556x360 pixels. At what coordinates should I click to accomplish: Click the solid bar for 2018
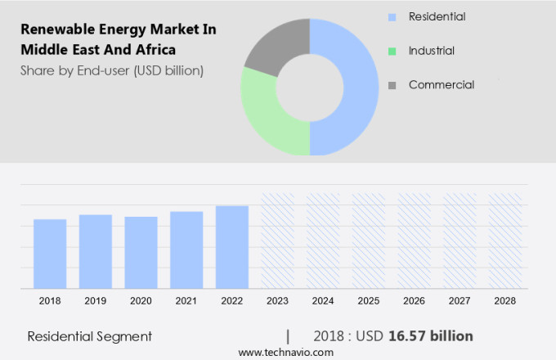(50, 254)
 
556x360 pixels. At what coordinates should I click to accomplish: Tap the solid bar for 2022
(232, 247)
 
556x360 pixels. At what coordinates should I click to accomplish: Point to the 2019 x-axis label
(95, 301)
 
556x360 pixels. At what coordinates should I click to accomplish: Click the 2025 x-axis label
(369, 301)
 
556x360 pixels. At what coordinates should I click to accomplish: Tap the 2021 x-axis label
(186, 301)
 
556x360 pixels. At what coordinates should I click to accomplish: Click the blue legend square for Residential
(392, 17)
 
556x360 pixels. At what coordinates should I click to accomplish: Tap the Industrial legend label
(431, 51)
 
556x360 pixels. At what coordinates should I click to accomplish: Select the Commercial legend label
(441, 84)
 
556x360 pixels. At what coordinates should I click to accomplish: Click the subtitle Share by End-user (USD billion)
(112, 70)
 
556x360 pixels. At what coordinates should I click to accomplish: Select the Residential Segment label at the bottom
(90, 336)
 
